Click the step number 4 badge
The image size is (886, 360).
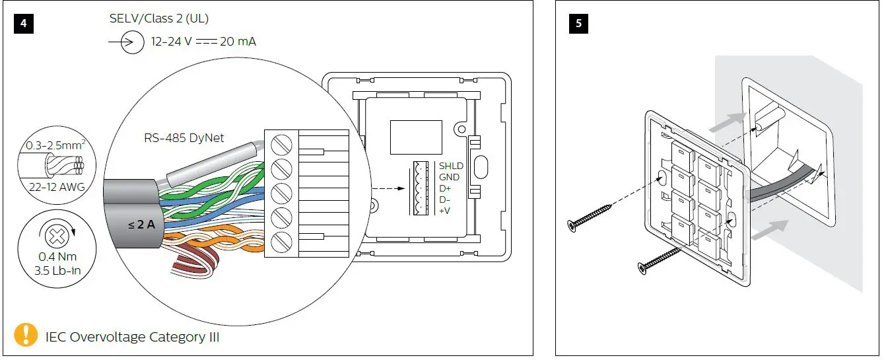point(23,23)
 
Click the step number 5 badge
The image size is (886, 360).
point(579,23)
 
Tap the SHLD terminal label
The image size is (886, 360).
point(452,166)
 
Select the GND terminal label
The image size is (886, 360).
point(450,177)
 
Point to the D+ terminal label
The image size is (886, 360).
point(446,188)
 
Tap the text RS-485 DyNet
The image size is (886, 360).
point(184,138)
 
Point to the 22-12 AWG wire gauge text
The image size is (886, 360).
point(57,187)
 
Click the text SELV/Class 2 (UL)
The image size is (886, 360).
point(159,18)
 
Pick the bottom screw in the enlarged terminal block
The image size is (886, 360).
point(281,239)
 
